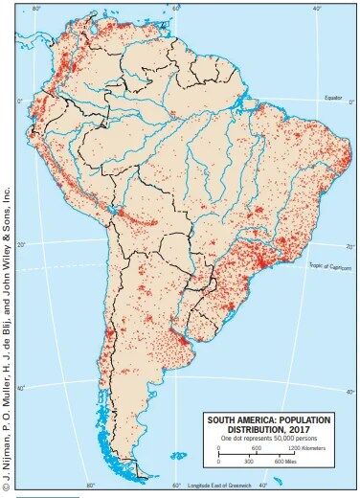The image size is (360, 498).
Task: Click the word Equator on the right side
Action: (331, 98)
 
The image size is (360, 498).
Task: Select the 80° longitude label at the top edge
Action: (36, 8)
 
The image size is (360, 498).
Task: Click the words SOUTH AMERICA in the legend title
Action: (244, 419)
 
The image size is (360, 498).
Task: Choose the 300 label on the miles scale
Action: (249, 462)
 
